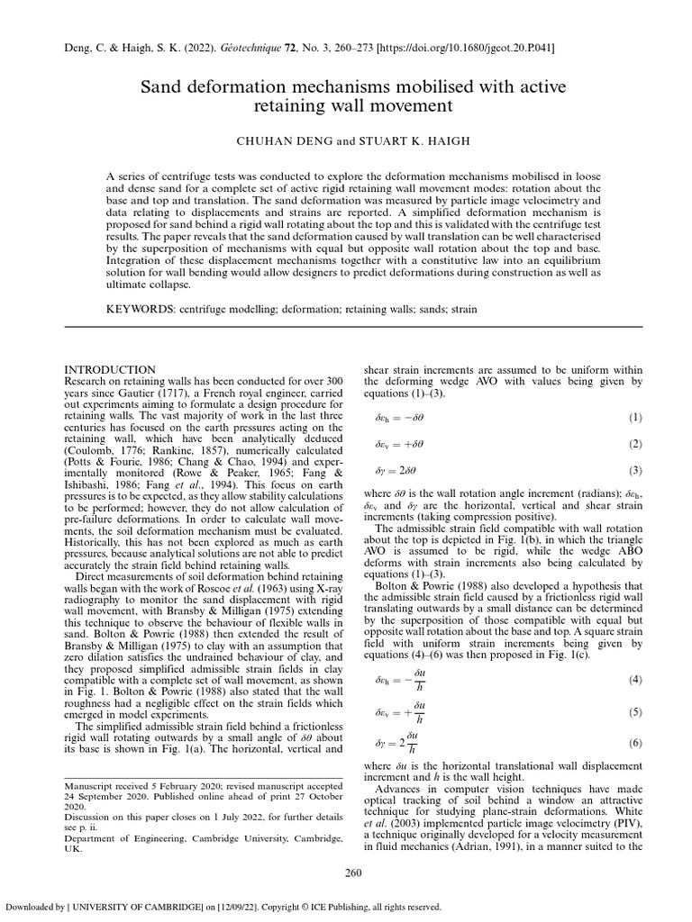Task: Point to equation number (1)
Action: [x=634, y=419]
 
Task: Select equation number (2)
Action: [x=634, y=445]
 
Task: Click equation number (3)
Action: [x=634, y=470]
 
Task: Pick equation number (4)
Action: [x=634, y=678]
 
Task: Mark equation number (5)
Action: [x=634, y=711]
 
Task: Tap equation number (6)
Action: [x=634, y=744]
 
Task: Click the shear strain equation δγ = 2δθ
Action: [x=394, y=470]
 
